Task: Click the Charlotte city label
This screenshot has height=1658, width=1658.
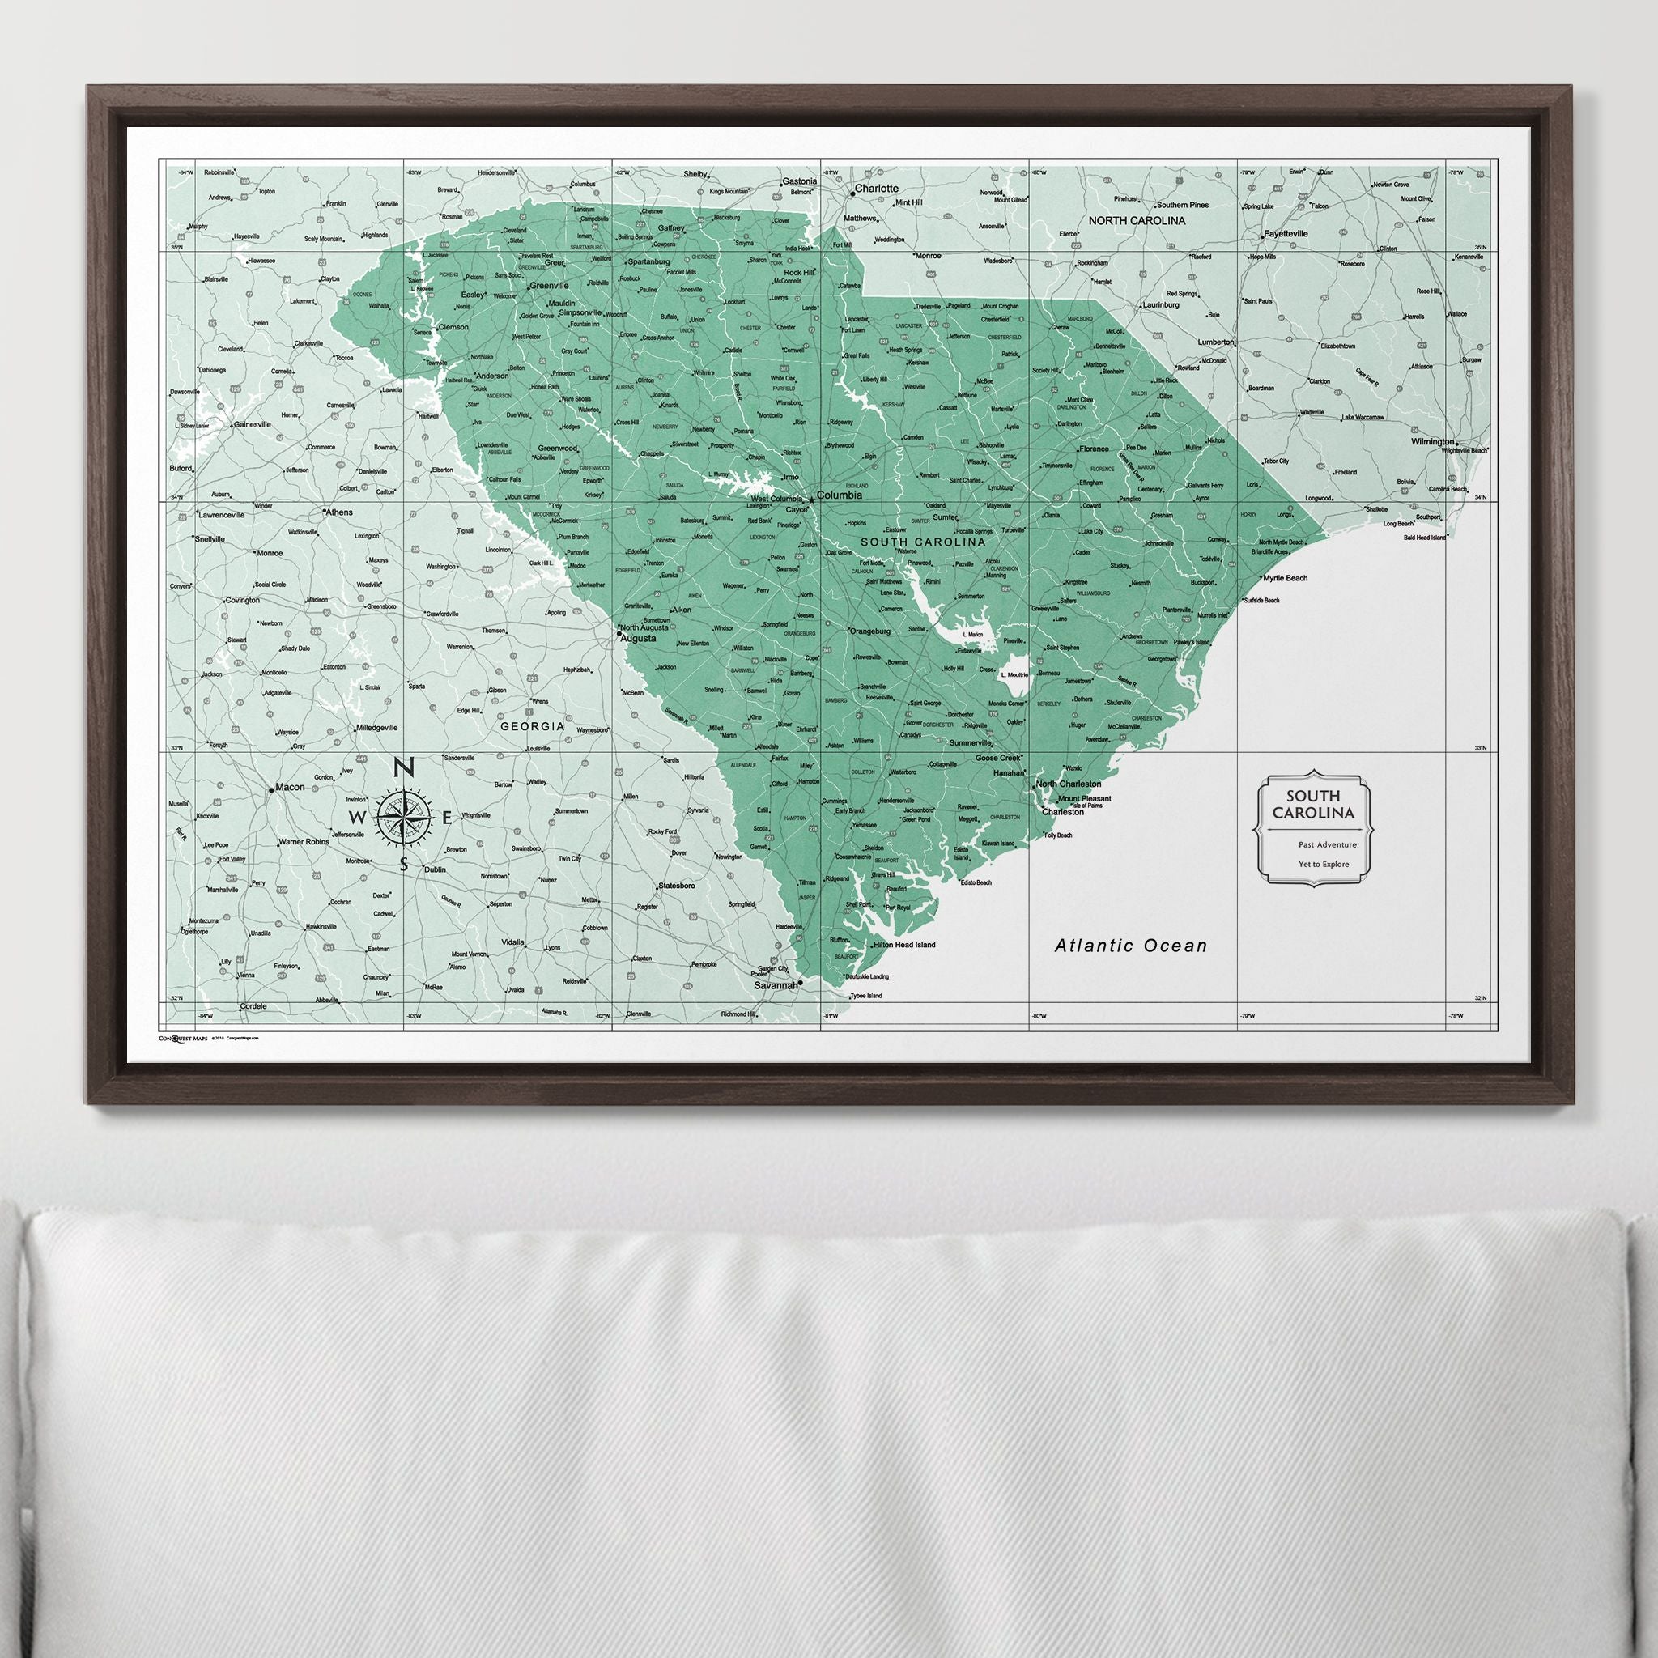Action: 876,188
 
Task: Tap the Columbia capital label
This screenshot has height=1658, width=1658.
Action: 839,495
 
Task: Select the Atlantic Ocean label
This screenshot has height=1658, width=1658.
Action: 1130,946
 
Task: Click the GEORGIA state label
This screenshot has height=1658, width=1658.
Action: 533,726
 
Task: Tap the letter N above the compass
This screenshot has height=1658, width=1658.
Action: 402,768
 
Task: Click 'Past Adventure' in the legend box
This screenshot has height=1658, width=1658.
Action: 1328,844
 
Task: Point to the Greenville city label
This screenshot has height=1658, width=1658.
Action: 549,285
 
